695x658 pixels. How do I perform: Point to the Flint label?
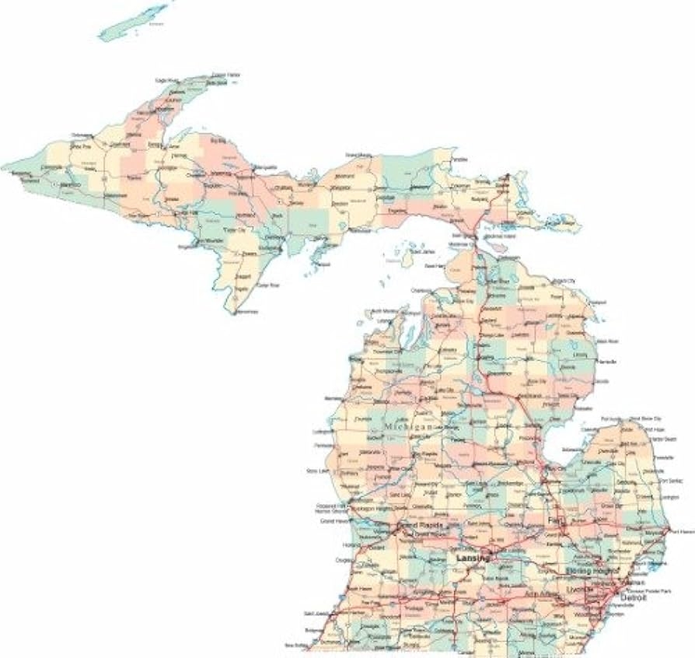pos(555,519)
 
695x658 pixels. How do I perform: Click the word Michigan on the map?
pos(407,429)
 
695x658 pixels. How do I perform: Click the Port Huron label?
pos(681,531)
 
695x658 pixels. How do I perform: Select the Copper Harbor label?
pos(226,75)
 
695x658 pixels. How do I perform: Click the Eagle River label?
pos(167,81)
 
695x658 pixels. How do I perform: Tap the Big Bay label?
pos(218,141)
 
